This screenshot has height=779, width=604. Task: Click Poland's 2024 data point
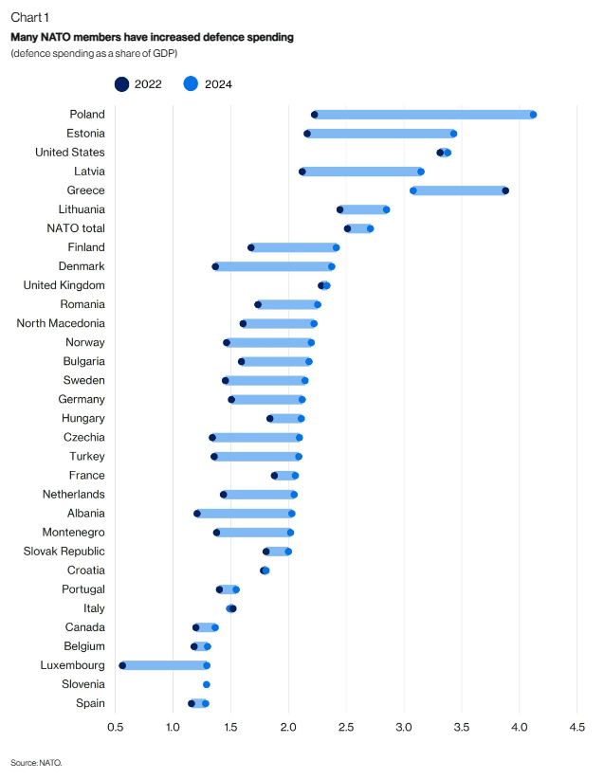coord(533,115)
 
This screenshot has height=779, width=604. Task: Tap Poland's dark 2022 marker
coord(315,115)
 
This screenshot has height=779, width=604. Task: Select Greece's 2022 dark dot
coord(505,190)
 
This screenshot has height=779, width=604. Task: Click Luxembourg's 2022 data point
coord(122,665)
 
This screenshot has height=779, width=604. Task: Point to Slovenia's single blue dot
coord(207,684)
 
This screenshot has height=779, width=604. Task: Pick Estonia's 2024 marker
coord(453,134)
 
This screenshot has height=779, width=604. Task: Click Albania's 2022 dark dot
coord(197,514)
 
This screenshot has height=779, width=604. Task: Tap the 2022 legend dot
coord(122,84)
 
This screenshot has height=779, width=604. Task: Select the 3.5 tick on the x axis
coord(462,727)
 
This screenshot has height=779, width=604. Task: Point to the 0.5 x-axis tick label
coord(116,727)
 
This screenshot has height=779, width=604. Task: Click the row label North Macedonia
coord(61,323)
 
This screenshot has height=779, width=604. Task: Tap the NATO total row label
coord(76,228)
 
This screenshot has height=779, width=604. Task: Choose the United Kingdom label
coord(64,285)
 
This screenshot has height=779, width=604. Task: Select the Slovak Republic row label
coord(64,552)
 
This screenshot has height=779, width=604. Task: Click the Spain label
coord(90,703)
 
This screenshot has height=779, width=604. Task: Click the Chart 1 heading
coord(29,18)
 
